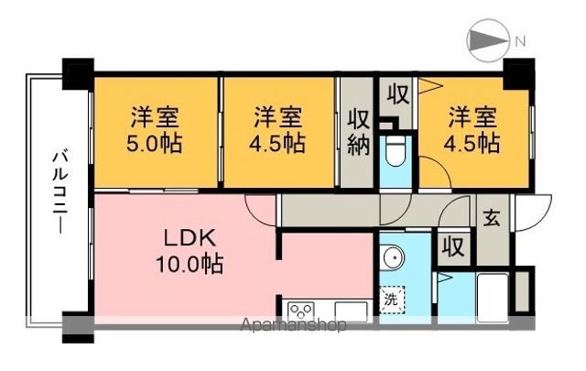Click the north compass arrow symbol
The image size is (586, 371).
pyautogui.click(x=484, y=40)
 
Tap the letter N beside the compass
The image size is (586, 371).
pyautogui.click(x=519, y=40)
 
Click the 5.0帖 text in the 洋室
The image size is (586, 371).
pyautogui.click(x=154, y=143)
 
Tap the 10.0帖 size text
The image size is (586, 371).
pyautogui.click(x=190, y=266)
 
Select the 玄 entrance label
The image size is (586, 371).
pyautogui.click(x=491, y=219)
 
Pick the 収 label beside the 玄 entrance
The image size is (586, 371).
pyautogui.click(x=451, y=247)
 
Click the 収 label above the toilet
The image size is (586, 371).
pyautogui.click(x=396, y=94)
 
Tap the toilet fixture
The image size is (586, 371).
pyautogui.click(x=396, y=154)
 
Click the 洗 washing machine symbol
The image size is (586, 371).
pyautogui.click(x=392, y=299)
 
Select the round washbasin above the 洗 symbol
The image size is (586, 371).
pyautogui.click(x=394, y=258)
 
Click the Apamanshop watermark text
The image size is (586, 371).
pyautogui.click(x=293, y=325)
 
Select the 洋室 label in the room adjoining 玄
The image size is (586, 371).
pyautogui.click(x=472, y=117)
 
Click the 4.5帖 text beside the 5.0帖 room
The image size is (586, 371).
pyautogui.click(x=278, y=143)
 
